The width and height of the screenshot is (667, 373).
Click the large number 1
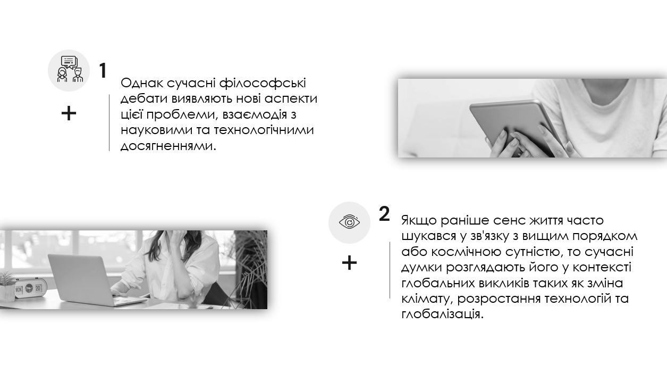click(103, 71)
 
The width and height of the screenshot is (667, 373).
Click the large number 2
click(384, 214)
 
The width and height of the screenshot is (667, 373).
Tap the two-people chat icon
click(69, 69)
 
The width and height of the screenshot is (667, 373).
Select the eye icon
click(349, 222)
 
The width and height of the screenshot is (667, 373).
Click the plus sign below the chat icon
click(69, 113)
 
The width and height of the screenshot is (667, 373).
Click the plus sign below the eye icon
click(349, 263)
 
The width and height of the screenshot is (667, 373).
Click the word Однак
click(142, 83)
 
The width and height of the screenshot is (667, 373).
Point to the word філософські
click(263, 83)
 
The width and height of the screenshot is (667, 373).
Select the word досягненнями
click(168, 146)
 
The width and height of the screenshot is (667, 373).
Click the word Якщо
click(419, 221)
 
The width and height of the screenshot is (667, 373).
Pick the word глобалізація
click(442, 314)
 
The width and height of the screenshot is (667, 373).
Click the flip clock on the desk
click(30, 288)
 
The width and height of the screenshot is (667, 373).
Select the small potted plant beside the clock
click(7, 286)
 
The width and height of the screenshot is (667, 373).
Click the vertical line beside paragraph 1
click(109, 123)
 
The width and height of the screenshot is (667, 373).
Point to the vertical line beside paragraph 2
click(390, 270)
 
